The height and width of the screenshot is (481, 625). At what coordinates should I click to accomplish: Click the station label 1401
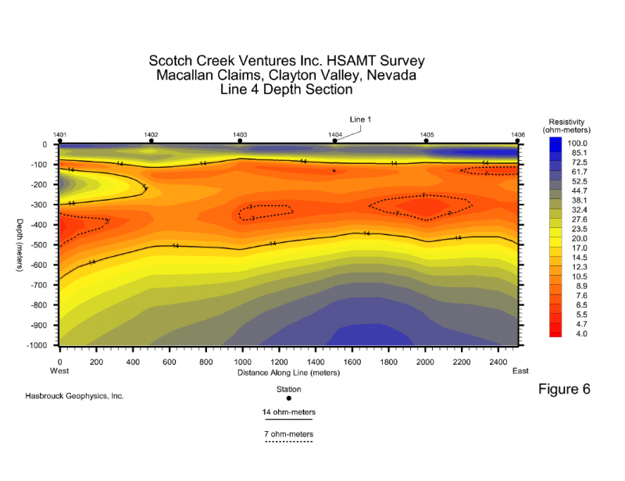[59, 134]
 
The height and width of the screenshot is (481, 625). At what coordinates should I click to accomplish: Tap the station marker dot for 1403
[240, 141]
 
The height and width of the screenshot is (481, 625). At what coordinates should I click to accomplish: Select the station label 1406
[517, 134]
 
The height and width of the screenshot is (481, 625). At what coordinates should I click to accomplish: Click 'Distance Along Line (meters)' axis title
[288, 372]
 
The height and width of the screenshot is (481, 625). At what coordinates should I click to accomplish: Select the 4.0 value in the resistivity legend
[576, 333]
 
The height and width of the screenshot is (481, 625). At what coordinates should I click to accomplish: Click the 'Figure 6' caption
[565, 388]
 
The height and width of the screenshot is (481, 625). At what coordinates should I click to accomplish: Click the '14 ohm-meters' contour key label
[288, 411]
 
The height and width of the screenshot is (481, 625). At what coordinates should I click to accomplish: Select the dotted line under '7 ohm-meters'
[288, 442]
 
